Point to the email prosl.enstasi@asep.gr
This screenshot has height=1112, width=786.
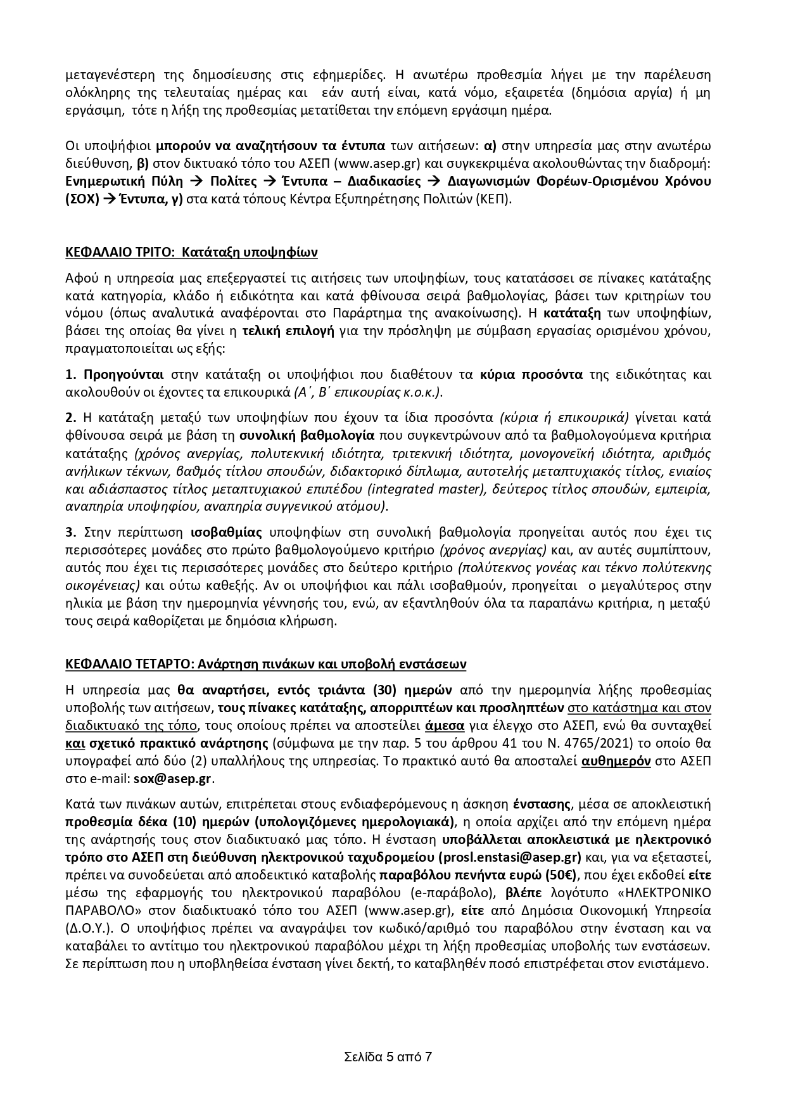click(x=510, y=858)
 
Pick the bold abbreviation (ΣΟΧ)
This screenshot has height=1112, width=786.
click(x=82, y=199)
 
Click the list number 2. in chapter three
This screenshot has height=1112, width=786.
click(x=71, y=418)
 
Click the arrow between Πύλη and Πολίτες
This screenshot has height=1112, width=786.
click(x=196, y=181)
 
